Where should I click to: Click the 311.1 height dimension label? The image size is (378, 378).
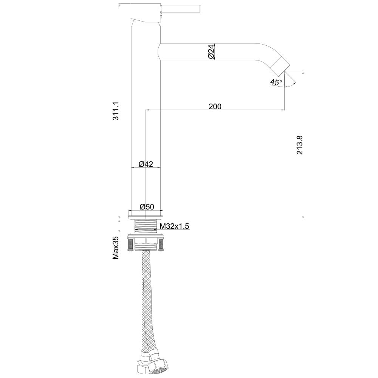116,111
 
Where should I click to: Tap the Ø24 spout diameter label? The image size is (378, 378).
211,51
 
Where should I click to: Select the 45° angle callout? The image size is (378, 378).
276,82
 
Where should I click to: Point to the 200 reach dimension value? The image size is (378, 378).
215,106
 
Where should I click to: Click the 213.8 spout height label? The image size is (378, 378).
299,145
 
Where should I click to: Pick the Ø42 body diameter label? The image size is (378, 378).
146,164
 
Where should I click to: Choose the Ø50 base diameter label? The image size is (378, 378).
147,207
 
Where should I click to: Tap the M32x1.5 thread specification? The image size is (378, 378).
174,226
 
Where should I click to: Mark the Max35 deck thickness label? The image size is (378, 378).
116,248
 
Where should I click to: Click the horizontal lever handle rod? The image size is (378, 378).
181,8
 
